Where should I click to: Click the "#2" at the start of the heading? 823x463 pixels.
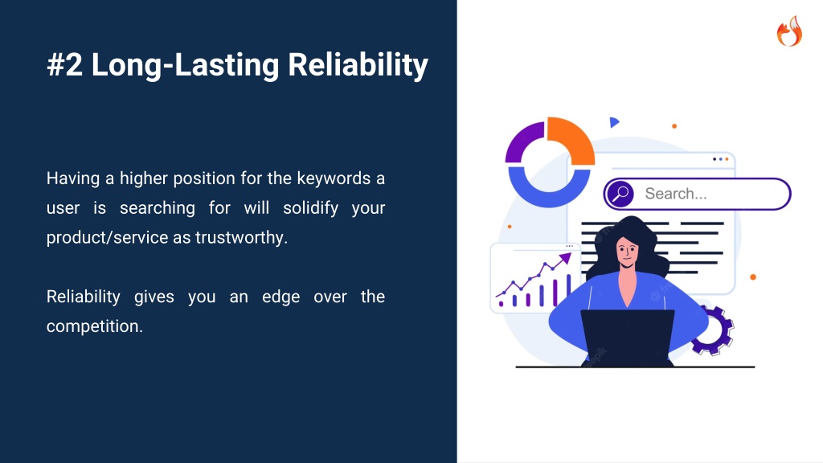pos(64,65)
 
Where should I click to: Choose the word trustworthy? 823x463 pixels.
pos(241,238)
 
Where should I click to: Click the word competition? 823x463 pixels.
pos(95,326)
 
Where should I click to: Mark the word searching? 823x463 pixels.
pos(158,208)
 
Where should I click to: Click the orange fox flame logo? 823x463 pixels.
pos(789,31)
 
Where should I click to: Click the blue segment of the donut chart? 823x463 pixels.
pos(549,191)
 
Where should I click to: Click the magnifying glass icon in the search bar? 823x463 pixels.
pos(620,194)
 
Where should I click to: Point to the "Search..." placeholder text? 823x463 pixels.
pos(676,194)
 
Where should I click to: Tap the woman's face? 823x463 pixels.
pos(627,252)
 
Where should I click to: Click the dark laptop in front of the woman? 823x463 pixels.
pos(628,338)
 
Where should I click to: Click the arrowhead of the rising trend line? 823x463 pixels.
pos(565,258)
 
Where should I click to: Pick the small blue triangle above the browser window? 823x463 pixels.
pos(613,122)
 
